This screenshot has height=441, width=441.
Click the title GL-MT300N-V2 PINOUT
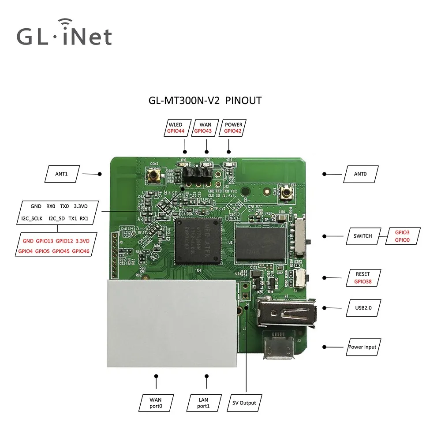pos(205,101)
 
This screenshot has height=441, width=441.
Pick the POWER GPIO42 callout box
pos(233,127)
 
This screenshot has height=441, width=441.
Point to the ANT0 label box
pos(360,174)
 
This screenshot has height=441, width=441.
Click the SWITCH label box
pos(363,236)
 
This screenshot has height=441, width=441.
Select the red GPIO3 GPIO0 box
pos(402,236)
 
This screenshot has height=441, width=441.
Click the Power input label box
pos(363,347)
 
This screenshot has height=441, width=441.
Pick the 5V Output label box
pos(244,402)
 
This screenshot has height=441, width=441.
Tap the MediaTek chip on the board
pos(197,240)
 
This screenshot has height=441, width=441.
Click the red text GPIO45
pos(60,251)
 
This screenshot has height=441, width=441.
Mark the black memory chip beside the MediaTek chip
pos(260,243)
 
